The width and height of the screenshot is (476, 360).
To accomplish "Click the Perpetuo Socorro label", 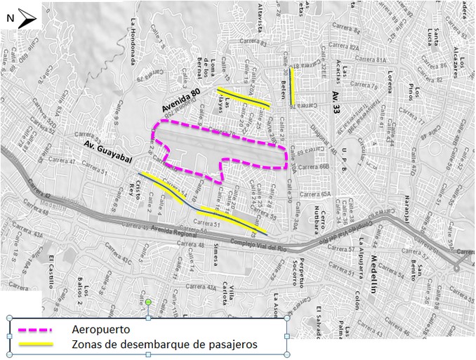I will point(299,270).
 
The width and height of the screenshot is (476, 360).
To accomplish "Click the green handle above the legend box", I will point(148,302).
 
